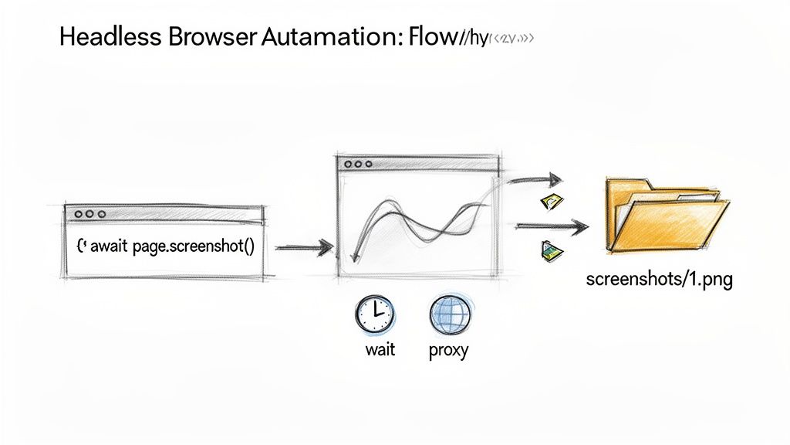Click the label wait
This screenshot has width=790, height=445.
point(380,350)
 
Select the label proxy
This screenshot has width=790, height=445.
point(448,351)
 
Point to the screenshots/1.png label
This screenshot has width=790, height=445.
point(659,279)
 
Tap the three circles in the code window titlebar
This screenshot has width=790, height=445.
point(87,213)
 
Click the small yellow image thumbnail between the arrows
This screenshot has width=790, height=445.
point(552,202)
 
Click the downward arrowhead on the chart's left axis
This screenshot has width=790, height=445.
point(354,259)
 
